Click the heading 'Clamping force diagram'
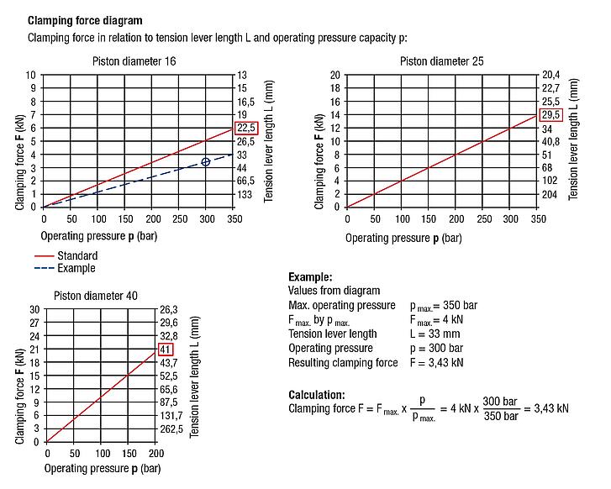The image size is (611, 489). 85,20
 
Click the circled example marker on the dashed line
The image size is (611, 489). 206,161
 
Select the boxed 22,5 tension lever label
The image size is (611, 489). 246,128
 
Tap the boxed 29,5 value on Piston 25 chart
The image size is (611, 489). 551,115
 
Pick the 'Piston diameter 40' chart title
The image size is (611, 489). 96,295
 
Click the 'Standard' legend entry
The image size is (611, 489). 77,256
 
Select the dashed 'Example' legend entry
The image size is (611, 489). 76,268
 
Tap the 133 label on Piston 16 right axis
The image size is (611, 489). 245,194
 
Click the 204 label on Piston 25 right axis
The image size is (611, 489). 550,194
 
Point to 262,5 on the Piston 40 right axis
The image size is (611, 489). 171,429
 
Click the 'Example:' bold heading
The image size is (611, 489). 310,277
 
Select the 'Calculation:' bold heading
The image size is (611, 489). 317,394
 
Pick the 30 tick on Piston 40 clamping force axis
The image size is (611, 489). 34,309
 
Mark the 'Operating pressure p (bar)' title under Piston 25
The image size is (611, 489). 403,238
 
